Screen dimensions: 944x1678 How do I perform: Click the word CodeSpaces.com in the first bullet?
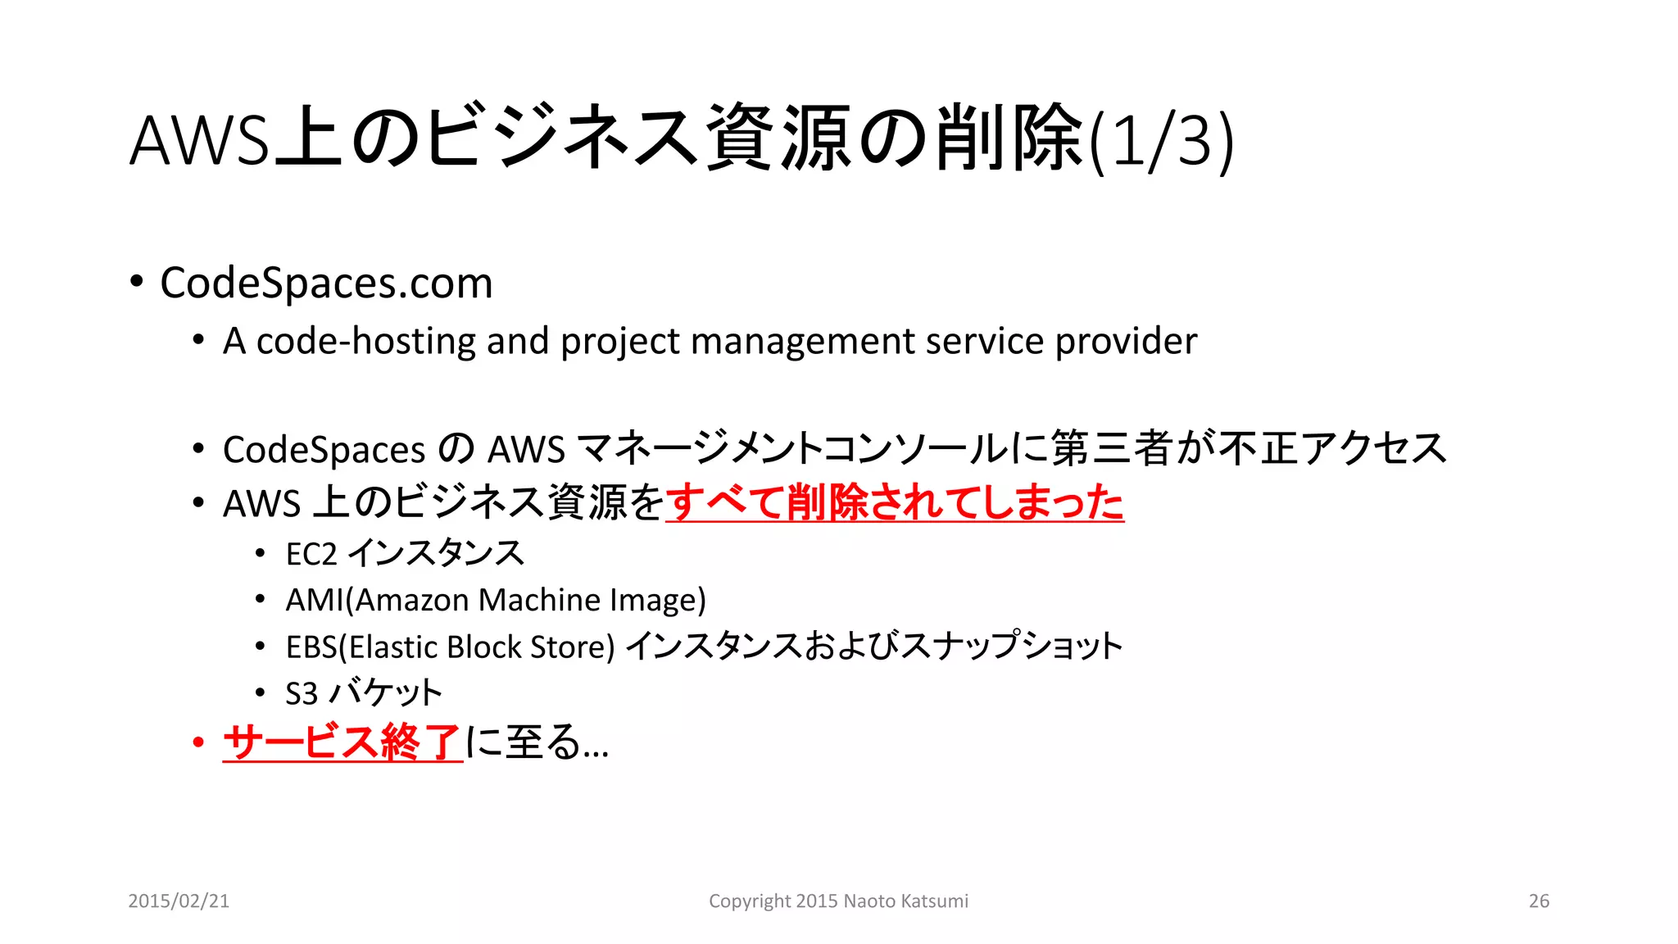coord(326,284)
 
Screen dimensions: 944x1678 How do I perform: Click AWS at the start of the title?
coord(199,141)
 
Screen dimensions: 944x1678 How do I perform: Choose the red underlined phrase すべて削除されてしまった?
coord(894,502)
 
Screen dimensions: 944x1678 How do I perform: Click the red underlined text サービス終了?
coord(342,742)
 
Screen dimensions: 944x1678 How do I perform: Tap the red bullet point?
coord(197,742)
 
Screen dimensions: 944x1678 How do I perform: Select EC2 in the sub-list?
coord(311,555)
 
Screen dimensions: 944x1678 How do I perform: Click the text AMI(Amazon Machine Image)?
coord(495,601)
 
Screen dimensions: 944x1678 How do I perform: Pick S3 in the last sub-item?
coord(301,694)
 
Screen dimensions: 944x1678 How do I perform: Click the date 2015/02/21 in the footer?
coord(179,901)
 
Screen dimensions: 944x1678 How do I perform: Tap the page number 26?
coord(1539,901)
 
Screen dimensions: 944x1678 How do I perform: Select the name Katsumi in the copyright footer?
coord(933,901)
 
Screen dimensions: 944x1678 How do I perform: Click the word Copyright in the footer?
coord(744,901)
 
